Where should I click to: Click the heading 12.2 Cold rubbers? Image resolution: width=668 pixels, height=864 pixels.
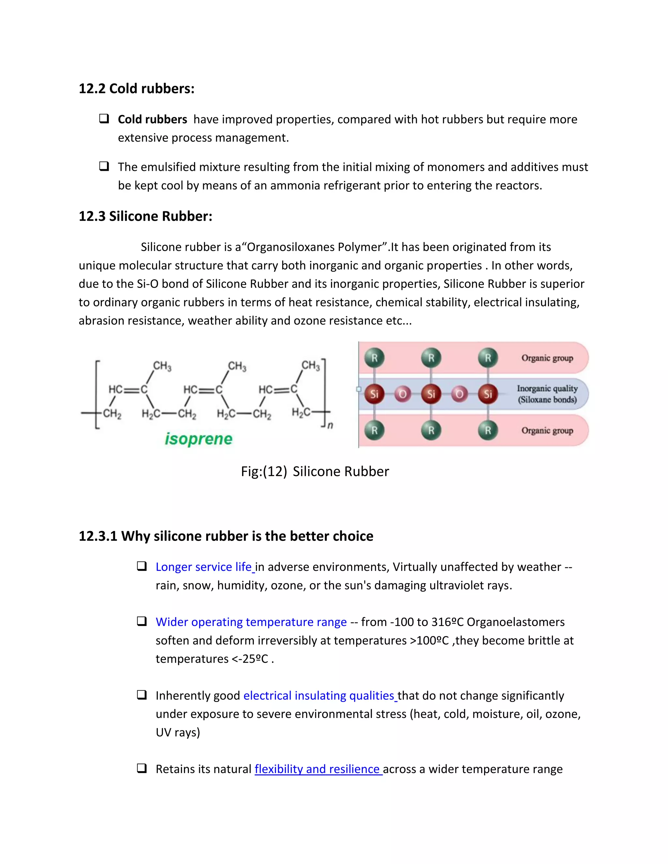(x=137, y=89)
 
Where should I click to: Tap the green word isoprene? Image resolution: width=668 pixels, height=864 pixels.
(x=199, y=439)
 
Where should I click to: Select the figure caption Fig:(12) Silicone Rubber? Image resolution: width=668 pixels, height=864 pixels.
(x=315, y=471)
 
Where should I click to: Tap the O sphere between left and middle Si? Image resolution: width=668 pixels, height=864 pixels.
(x=402, y=394)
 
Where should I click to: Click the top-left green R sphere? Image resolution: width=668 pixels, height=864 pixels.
(x=374, y=358)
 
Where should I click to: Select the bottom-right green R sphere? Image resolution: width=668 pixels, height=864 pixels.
(x=488, y=430)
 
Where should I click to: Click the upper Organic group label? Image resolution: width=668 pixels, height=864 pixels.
(x=547, y=358)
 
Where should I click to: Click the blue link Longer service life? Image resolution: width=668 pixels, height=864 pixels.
(x=204, y=567)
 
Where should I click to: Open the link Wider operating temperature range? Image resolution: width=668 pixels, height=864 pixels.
(x=251, y=622)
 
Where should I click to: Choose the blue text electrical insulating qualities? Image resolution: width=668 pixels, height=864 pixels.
(x=319, y=695)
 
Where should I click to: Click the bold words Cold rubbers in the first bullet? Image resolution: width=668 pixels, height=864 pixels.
(x=152, y=119)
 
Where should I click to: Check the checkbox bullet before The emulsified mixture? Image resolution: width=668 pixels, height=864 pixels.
(x=104, y=166)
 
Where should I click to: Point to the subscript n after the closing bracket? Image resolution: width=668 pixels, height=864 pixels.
(x=330, y=425)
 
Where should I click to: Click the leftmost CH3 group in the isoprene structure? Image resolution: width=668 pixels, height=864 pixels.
(x=162, y=366)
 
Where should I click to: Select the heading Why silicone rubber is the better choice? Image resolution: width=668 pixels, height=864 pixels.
(x=226, y=536)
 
